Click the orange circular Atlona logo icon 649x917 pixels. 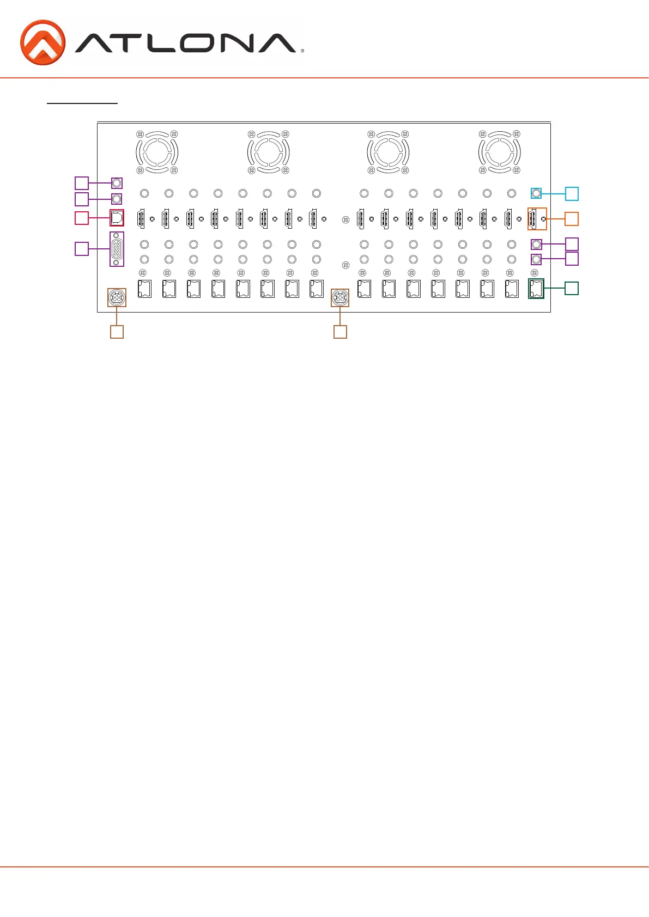pos(43,42)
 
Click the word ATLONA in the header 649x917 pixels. pos(185,44)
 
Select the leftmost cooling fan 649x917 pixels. pos(157,152)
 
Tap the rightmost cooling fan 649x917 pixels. pos(499,152)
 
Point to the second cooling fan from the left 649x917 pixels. pos(268,152)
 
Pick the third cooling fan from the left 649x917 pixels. pos(388,152)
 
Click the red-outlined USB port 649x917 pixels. pos(117,218)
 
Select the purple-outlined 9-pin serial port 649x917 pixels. pos(117,249)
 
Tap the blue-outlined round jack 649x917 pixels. pos(536,193)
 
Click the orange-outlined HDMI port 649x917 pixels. pos(537,218)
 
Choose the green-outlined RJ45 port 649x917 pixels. pos(536,288)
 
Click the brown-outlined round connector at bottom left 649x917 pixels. pos(117,297)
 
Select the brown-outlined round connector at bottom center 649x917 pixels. pos(340,297)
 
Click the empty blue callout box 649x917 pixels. pos(572,193)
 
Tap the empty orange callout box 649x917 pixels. pos(572,218)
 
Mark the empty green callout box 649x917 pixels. pos(572,288)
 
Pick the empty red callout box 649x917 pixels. pos(81,218)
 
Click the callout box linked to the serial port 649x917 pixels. pos(81,249)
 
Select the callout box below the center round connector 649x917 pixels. pos(340,332)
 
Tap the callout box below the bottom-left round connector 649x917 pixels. pos(117,332)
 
